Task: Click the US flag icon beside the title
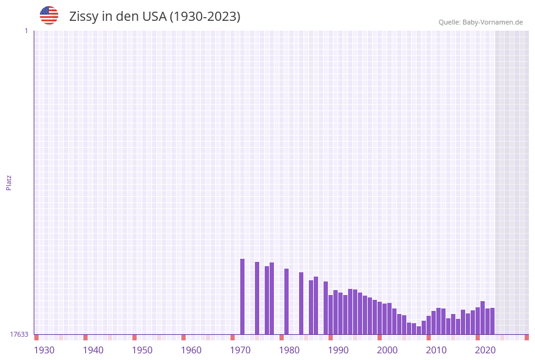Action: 49,15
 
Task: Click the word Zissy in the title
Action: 83,17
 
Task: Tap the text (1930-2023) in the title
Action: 205,17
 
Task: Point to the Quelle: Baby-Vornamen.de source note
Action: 480,22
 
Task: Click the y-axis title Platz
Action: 9,182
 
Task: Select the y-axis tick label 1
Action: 26,31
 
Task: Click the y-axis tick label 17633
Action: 19,334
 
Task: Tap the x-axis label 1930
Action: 44,350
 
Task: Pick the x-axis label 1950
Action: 142,350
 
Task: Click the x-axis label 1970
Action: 240,350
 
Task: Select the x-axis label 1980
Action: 289,350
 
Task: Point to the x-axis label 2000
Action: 387,350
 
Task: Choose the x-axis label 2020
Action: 485,350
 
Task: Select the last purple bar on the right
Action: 492,321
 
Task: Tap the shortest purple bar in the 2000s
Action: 419,330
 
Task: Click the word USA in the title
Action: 154,17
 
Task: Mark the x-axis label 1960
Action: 191,350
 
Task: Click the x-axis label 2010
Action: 436,350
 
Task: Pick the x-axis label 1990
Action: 338,350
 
